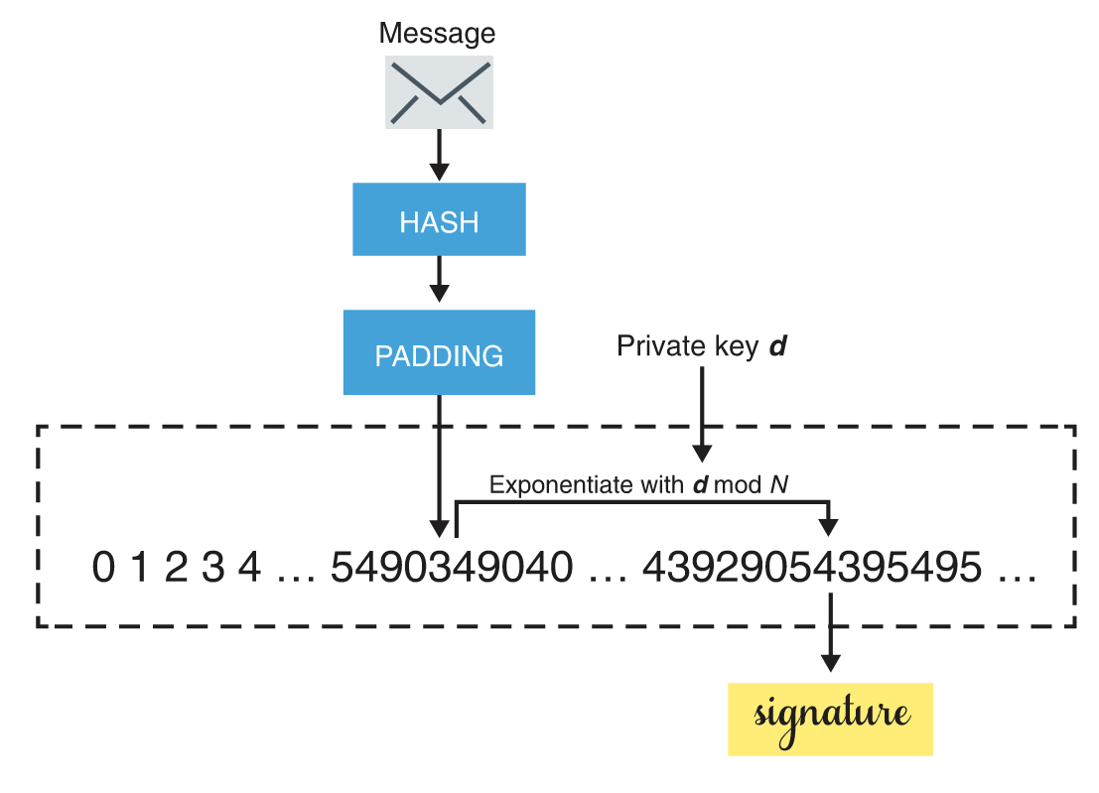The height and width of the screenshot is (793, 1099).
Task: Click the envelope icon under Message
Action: tap(439, 92)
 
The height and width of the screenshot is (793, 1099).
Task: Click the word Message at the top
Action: tap(437, 33)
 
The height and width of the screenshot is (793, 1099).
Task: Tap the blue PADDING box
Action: tap(439, 353)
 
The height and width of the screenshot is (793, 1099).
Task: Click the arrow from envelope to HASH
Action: tap(439, 156)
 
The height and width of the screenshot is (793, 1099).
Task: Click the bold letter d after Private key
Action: tap(779, 346)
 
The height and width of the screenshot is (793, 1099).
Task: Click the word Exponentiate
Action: tap(561, 486)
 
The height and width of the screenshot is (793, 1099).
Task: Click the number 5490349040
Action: tap(452, 569)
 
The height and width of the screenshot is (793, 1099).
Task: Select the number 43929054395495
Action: tap(812, 569)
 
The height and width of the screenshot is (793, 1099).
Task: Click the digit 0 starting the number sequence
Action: tap(102, 569)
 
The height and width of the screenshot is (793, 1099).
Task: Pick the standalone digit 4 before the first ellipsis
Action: tap(250, 569)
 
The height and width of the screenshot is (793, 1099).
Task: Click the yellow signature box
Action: tap(830, 719)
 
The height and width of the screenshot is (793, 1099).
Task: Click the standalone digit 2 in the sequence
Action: tap(176, 569)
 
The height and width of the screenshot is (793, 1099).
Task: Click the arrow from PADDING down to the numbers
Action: tap(439, 466)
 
